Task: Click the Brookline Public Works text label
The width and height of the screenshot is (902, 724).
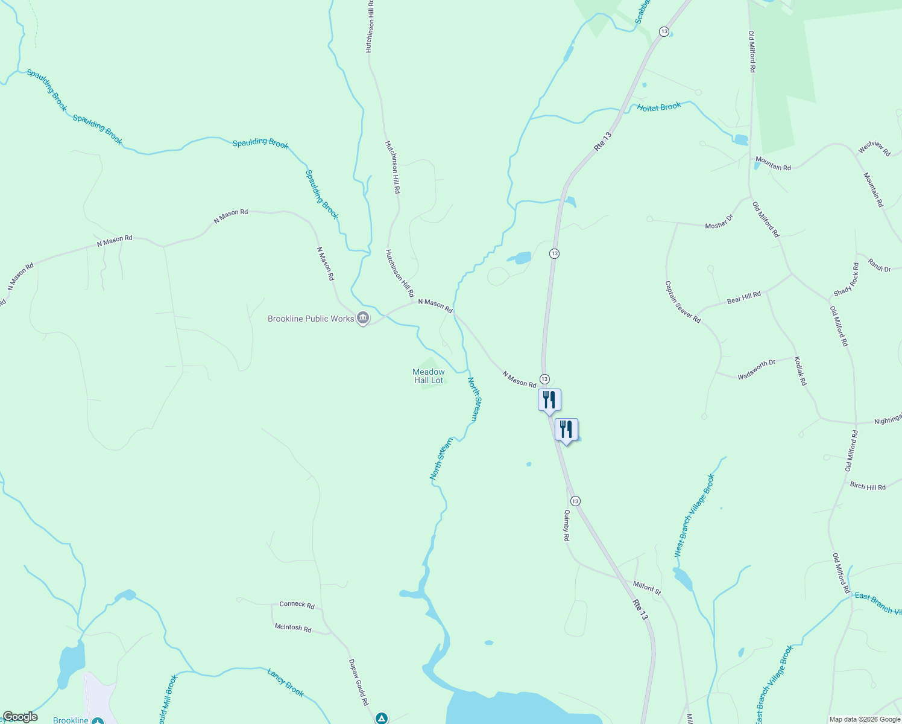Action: [311, 319]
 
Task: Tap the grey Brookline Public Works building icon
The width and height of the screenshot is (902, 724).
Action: [363, 318]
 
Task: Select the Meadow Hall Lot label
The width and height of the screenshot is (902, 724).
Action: [429, 376]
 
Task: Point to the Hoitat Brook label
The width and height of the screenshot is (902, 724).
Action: [659, 107]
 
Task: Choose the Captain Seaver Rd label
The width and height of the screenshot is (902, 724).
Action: [683, 302]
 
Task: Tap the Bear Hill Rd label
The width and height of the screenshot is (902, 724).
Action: [743, 297]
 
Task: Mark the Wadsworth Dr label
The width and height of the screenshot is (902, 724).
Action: [756, 369]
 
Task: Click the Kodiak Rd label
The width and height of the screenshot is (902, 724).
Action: [800, 371]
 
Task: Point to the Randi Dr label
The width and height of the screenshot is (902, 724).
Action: [879, 265]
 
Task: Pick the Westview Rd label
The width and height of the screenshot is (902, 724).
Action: [874, 148]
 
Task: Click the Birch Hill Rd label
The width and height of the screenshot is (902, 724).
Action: [868, 486]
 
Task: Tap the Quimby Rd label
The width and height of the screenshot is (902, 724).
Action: [566, 525]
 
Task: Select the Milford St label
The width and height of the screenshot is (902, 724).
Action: [647, 588]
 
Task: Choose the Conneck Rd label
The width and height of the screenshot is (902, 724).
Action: [297, 605]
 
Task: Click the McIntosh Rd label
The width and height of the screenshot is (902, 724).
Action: [292, 628]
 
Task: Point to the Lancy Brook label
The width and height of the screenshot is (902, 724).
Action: [285, 682]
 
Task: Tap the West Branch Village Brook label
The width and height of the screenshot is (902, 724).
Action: [694, 515]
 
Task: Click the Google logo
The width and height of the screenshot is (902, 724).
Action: [20, 717]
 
